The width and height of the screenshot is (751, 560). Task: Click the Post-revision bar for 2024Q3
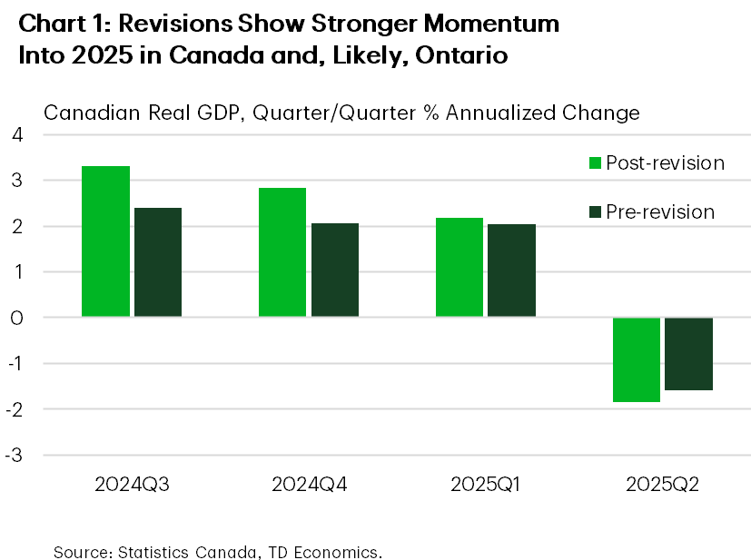(x=105, y=241)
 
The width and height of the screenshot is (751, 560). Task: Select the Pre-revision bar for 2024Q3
(x=158, y=262)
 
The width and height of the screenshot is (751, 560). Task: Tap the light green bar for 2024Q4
(x=282, y=252)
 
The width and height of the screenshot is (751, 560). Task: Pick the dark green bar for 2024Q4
(x=335, y=270)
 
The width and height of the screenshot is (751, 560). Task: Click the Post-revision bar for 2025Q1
(x=459, y=267)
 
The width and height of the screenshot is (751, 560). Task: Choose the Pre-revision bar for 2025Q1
(x=512, y=270)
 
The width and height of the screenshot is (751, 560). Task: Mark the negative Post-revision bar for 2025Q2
(x=636, y=359)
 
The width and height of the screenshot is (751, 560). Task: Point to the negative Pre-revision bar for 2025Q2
(x=688, y=354)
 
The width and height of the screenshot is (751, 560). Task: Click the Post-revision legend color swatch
(x=596, y=163)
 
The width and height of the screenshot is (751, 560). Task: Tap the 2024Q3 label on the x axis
(x=132, y=485)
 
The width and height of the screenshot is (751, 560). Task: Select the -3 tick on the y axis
(x=14, y=455)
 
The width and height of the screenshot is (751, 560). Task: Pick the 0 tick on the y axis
(x=17, y=318)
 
